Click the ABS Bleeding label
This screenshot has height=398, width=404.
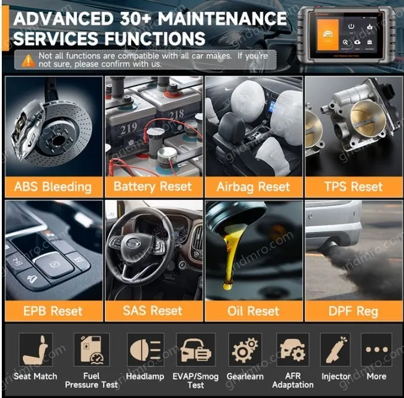[53, 187]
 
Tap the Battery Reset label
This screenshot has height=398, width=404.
[153, 187]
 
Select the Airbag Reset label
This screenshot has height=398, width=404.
[253, 187]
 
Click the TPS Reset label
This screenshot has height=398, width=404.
[353, 187]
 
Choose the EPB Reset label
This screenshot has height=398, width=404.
[53, 311]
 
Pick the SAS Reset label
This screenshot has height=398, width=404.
[153, 311]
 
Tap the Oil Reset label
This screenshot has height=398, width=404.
[253, 311]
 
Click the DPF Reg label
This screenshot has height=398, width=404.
[353, 311]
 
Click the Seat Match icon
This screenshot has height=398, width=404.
[36, 350]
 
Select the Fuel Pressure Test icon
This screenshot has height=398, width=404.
[92, 350]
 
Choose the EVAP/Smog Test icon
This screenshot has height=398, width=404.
[196, 350]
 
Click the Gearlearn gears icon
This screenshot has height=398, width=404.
[245, 350]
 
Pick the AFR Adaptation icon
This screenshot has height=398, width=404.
[293, 350]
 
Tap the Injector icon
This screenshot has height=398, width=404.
[335, 350]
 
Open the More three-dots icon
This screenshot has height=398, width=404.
[376, 350]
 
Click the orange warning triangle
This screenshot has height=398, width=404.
[28, 60]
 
